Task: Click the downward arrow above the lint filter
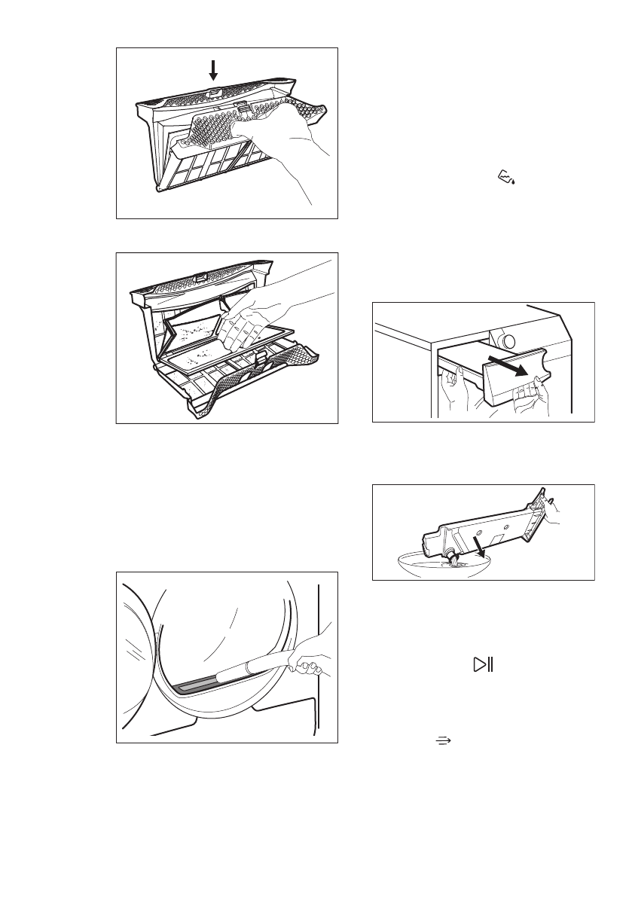pos(213,70)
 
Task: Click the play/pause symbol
pos(481,664)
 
